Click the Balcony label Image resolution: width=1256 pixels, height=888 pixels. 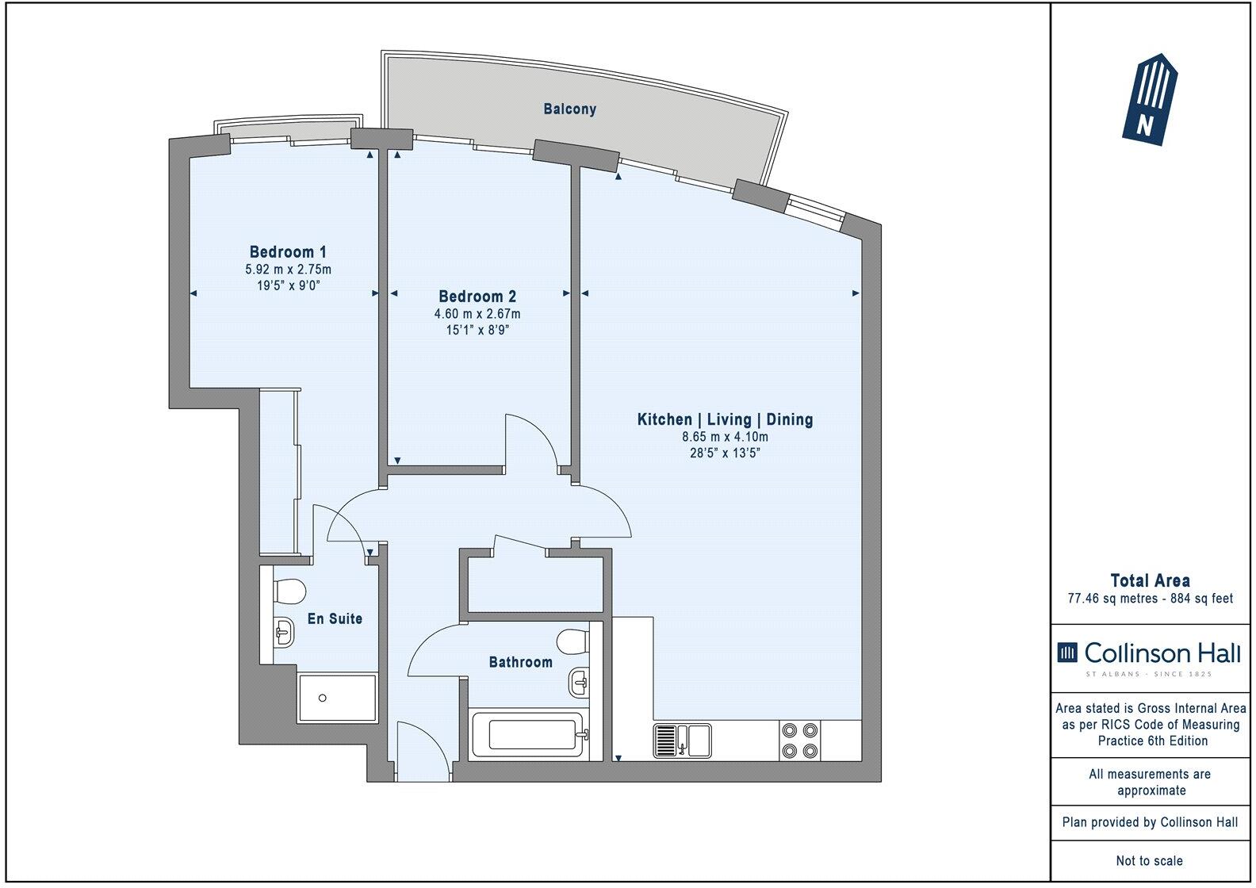pos(569,109)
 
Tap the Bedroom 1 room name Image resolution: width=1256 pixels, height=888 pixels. pos(282,252)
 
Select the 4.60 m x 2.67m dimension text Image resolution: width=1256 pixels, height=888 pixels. pos(477,314)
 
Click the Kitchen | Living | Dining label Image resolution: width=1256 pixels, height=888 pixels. pos(725,419)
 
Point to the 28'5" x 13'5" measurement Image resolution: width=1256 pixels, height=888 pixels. pos(725,454)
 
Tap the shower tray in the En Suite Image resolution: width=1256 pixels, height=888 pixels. pos(337,698)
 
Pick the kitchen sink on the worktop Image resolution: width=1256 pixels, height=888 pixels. pos(682,741)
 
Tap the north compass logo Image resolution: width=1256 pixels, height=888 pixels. pos(1149,99)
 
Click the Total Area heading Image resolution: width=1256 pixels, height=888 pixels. pos(1150,580)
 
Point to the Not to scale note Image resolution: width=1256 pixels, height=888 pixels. pos(1149,860)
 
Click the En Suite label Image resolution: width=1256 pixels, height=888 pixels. pos(335,618)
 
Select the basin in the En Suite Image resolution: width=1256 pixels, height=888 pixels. pos(284,632)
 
